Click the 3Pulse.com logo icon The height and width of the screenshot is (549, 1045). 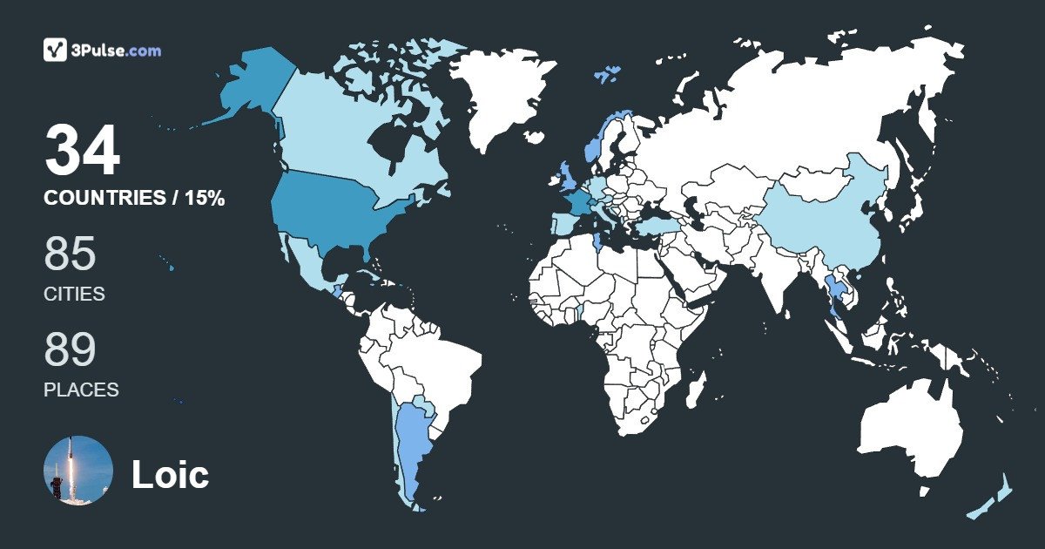pyautogui.click(x=56, y=50)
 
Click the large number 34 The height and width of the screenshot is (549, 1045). pyautogui.click(x=82, y=151)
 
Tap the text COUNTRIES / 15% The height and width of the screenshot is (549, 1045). pyautogui.click(x=134, y=199)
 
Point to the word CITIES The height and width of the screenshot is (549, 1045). pyautogui.click(x=74, y=294)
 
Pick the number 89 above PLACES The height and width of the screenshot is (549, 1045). pyautogui.click(x=70, y=349)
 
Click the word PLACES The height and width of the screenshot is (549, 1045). pyautogui.click(x=81, y=390)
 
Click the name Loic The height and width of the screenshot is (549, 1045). pyautogui.click(x=170, y=475)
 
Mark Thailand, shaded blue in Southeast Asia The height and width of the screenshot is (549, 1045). pyautogui.click(x=833, y=292)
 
